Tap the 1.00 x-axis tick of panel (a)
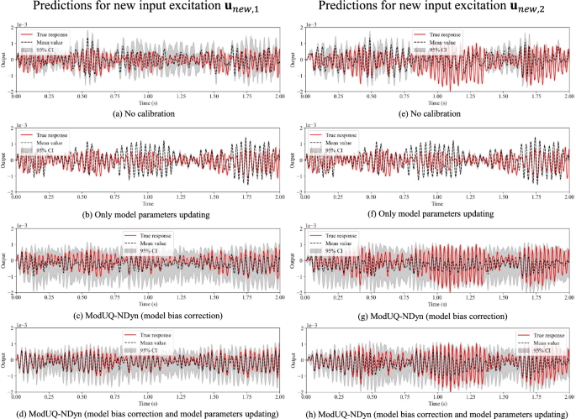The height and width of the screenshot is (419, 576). [x=149, y=97]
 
